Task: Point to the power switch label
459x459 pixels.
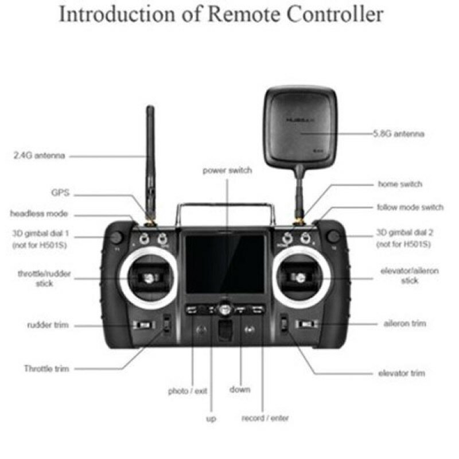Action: coord(227,170)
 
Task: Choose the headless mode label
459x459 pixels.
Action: coord(39,213)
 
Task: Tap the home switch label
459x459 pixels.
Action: coord(400,184)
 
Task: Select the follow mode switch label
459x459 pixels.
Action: coord(410,207)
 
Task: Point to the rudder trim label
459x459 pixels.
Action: coord(48,325)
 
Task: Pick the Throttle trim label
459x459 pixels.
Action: coord(46,368)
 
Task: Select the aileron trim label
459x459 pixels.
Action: coord(404,324)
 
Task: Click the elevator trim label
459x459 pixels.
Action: coord(402,373)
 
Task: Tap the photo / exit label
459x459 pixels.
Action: coord(188,391)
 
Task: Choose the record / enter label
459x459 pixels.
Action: coord(265,418)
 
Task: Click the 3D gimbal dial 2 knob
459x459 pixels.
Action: coord(333,236)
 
